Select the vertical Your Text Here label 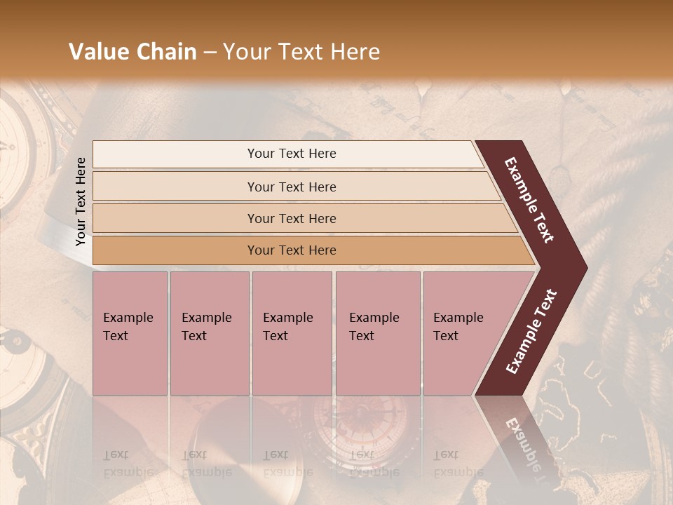click(x=81, y=202)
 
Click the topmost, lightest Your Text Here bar click(x=291, y=154)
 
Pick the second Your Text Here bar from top click(x=291, y=187)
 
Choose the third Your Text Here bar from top click(x=291, y=218)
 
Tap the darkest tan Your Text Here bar click(x=291, y=250)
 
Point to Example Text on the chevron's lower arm click(x=531, y=332)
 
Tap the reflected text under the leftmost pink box click(x=129, y=463)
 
